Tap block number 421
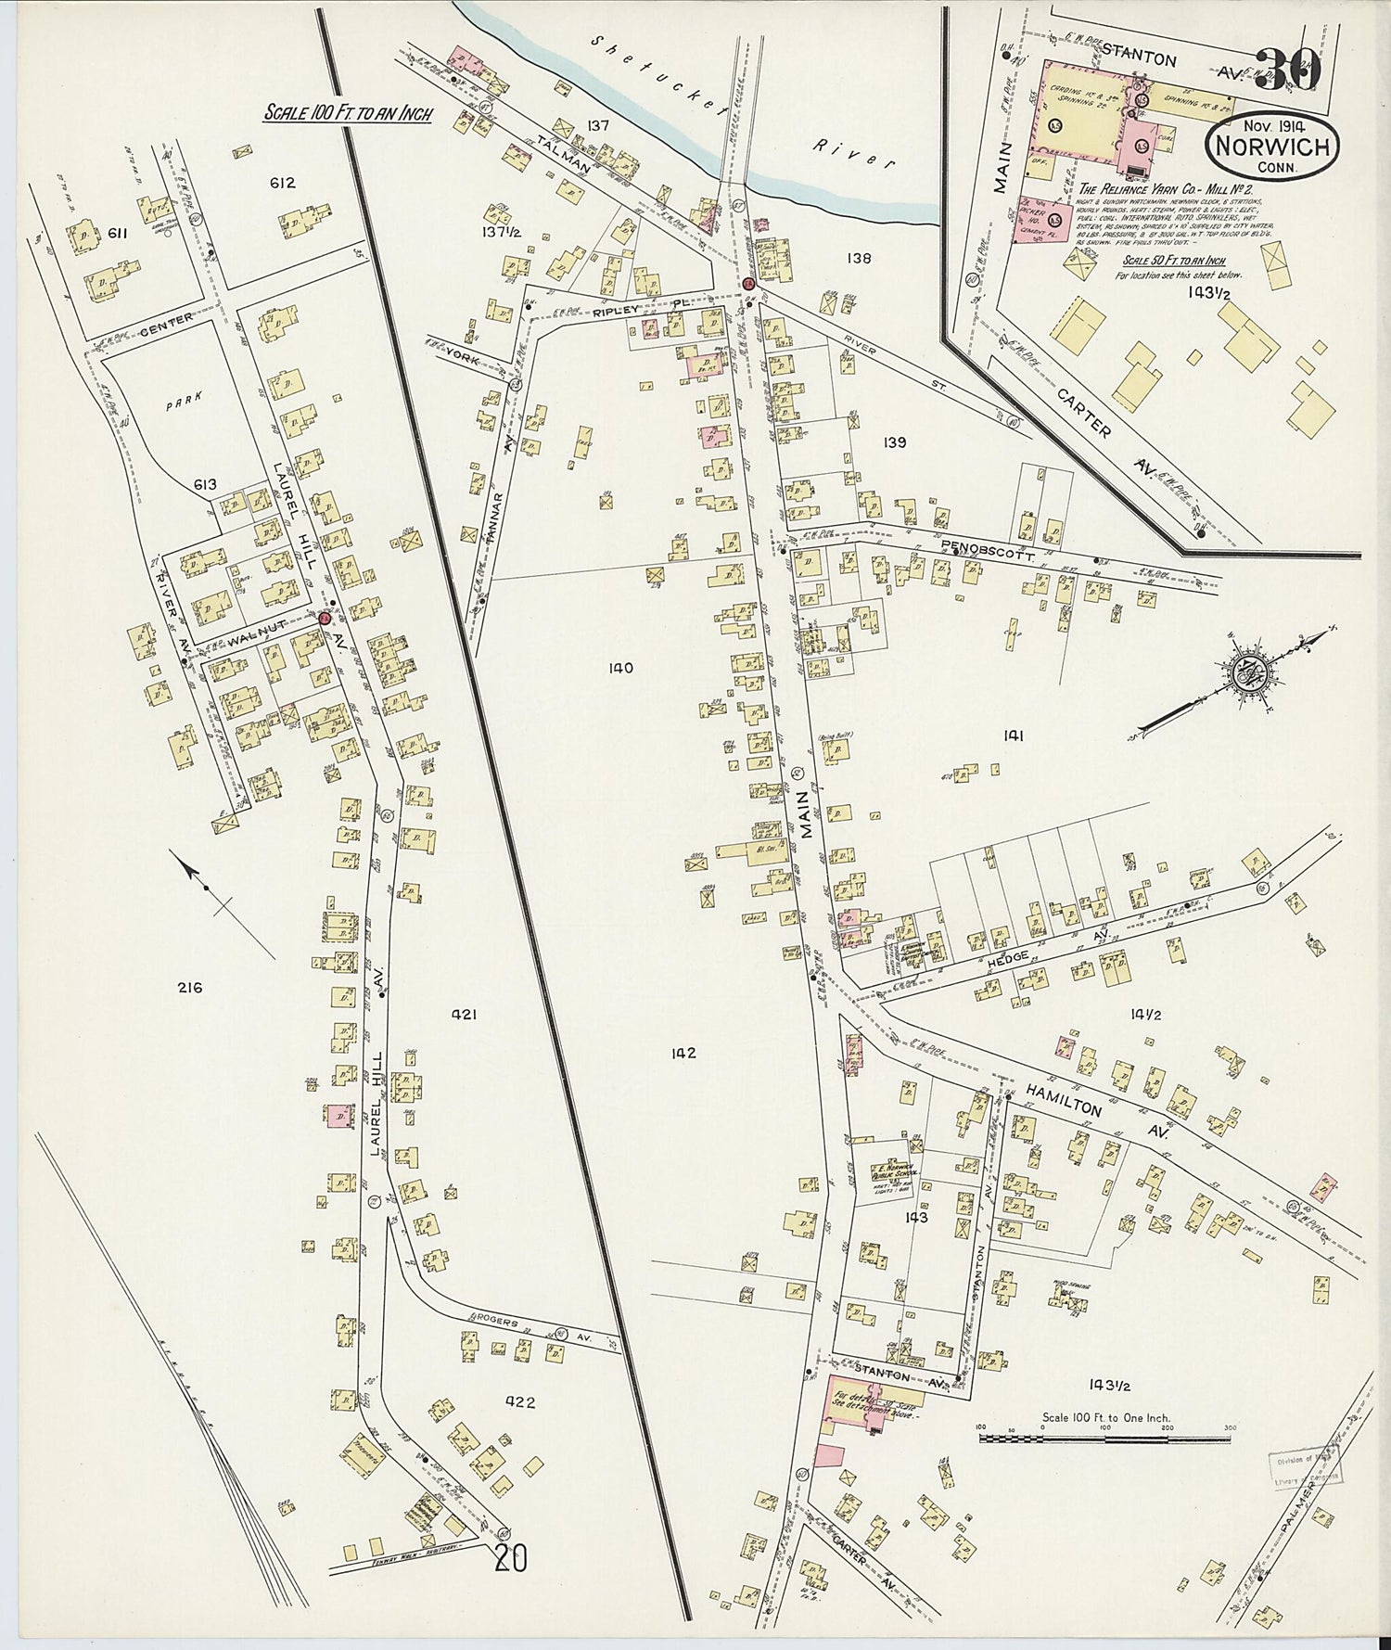(464, 1016)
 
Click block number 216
(189, 988)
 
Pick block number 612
(282, 183)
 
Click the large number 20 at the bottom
(511, 1558)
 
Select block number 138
(858, 259)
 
